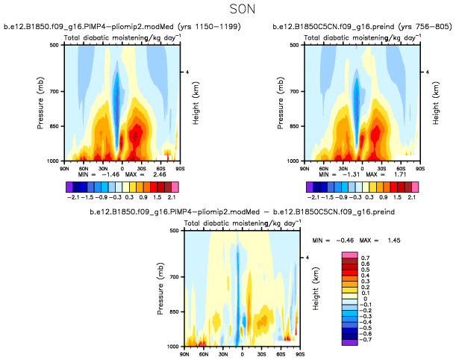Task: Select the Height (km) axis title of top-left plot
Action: click(196, 103)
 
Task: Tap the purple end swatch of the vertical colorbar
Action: click(348, 343)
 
